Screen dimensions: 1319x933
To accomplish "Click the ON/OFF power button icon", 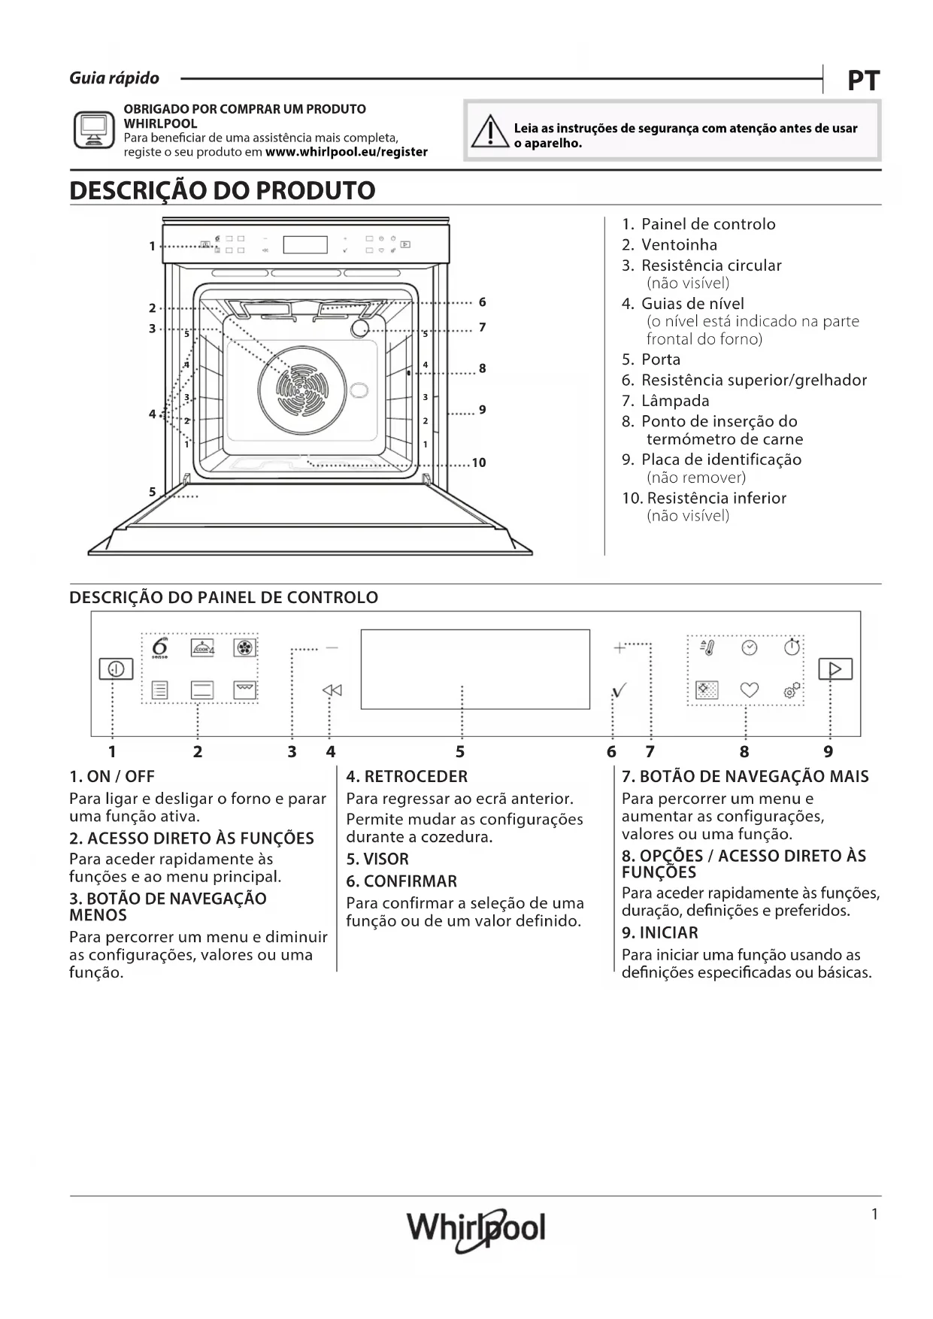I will [116, 669].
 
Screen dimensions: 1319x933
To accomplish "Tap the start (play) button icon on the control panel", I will [835, 669].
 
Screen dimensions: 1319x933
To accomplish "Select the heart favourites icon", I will [750, 690].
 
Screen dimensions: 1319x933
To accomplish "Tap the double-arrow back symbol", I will [332, 690].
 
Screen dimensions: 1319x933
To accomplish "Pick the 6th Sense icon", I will [160, 648].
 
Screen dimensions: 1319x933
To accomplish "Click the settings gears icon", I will [792, 690].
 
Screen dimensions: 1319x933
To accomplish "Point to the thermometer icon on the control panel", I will [707, 647].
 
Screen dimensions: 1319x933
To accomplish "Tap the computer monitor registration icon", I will [94, 130].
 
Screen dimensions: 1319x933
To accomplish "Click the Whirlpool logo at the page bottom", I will [476, 1229].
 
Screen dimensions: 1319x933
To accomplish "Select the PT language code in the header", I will [863, 80].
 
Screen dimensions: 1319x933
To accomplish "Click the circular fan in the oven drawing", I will [301, 389].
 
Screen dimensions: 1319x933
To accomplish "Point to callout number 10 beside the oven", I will [479, 462].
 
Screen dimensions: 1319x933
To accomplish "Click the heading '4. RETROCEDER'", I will [407, 777].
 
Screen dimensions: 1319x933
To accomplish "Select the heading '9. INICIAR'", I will [659, 932].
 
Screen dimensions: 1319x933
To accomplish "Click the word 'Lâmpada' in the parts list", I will [674, 401].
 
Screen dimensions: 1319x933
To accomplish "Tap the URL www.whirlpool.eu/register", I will [347, 152].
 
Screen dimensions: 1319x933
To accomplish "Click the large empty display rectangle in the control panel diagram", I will [475, 669].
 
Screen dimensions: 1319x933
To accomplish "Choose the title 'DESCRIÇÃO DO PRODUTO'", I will [223, 190].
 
